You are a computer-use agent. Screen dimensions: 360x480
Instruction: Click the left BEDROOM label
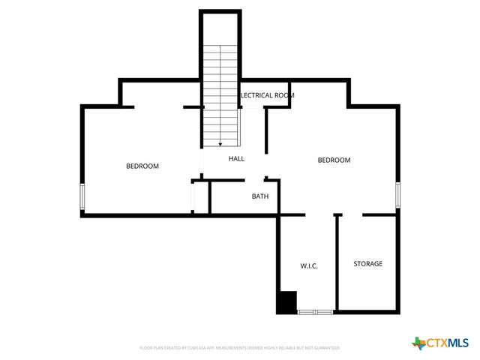pyautogui.click(x=142, y=166)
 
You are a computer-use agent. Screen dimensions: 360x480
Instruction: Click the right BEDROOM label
pyautogui.click(x=334, y=160)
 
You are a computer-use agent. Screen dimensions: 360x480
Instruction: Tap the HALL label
pyautogui.click(x=236, y=159)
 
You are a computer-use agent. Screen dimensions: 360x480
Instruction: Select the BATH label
pyautogui.click(x=259, y=196)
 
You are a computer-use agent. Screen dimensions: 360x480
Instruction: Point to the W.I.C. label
pyautogui.click(x=309, y=266)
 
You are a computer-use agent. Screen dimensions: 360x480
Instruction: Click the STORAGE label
pyautogui.click(x=367, y=264)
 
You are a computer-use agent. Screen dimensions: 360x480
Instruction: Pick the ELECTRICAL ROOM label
pyautogui.click(x=267, y=95)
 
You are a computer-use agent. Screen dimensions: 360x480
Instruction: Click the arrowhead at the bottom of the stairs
pyautogui.click(x=220, y=143)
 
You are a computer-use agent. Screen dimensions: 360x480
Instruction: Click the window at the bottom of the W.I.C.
pyautogui.click(x=315, y=311)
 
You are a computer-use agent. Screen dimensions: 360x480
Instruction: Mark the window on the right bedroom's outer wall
pyautogui.click(x=398, y=194)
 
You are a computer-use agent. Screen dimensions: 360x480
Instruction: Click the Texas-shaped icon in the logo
pyautogui.click(x=418, y=343)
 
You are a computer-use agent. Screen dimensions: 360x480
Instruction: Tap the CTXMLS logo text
pyautogui.click(x=448, y=343)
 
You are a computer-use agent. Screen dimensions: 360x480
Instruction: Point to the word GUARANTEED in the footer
pyautogui.click(x=326, y=348)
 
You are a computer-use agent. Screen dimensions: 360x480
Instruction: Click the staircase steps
pyautogui.click(x=220, y=90)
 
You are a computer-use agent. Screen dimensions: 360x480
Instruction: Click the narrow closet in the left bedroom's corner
pyautogui.click(x=199, y=197)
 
